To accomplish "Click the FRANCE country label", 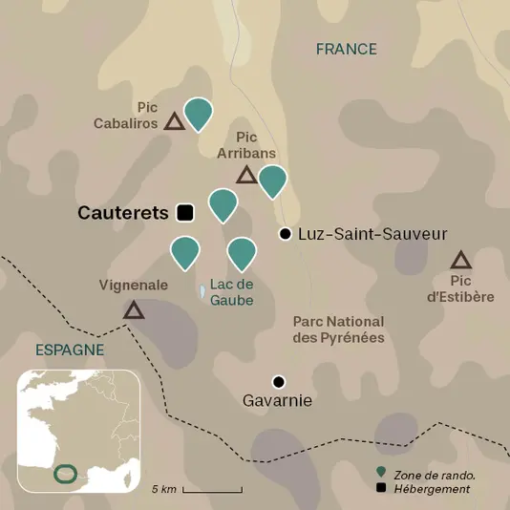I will click(x=347, y=50).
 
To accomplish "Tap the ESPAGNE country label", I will click(x=69, y=350).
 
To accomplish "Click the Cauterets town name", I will click(x=122, y=213).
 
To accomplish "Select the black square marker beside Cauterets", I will click(x=185, y=212).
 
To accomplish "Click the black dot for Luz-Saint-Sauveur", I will click(x=284, y=234).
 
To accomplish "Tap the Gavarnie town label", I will click(x=278, y=401).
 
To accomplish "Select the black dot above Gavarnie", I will click(x=278, y=380).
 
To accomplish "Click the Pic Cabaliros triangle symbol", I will click(x=173, y=121).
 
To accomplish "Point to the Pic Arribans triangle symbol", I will click(x=246, y=175).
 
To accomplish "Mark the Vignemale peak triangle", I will click(x=134, y=309).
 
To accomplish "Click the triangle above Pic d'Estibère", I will click(x=461, y=260).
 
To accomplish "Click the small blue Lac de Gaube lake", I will click(x=202, y=290).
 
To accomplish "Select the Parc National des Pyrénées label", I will click(x=338, y=329).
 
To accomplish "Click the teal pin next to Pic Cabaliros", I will click(x=198, y=112).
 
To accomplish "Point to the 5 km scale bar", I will click(x=212, y=489).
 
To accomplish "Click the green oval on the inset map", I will click(x=66, y=474).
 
